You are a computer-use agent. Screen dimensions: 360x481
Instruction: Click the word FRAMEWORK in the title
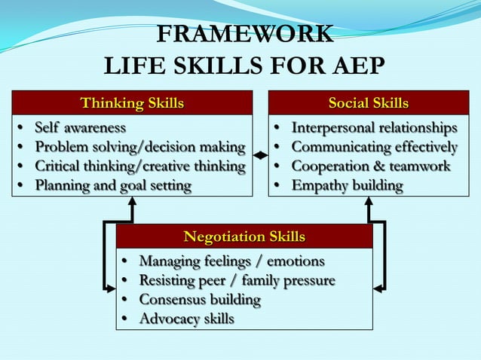point(245,35)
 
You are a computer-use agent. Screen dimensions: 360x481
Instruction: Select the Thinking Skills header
point(132,102)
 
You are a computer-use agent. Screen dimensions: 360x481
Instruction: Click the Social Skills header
point(368,102)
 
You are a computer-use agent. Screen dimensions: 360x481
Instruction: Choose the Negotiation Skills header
point(244,237)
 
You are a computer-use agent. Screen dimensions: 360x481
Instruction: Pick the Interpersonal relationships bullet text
point(374,127)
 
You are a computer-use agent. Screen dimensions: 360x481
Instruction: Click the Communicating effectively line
point(374,146)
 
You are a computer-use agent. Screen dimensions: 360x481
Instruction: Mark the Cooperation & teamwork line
point(370,166)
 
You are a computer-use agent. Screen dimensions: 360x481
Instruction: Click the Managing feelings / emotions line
point(231,261)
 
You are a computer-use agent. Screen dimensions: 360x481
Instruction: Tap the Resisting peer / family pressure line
point(237,281)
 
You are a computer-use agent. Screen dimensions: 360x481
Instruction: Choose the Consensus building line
point(200,300)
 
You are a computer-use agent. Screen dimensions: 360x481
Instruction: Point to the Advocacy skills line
point(186,319)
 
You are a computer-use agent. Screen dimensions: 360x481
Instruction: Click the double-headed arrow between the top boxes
point(260,155)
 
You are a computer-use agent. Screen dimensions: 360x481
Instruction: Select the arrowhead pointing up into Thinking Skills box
point(132,202)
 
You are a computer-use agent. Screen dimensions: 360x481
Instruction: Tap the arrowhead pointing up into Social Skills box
point(369,202)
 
